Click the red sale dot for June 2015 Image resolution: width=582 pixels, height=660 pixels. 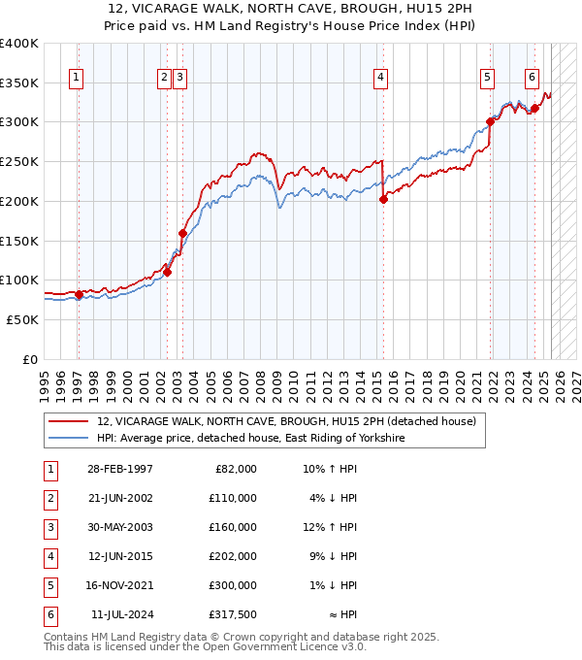point(383,199)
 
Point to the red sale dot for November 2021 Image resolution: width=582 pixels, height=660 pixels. point(490,122)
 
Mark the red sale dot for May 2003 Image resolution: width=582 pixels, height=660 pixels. point(182,233)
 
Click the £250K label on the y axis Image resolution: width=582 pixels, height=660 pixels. point(19,161)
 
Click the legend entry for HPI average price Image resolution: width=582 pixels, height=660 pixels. point(250,438)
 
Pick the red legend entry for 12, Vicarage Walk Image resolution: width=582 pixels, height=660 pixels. point(286,421)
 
